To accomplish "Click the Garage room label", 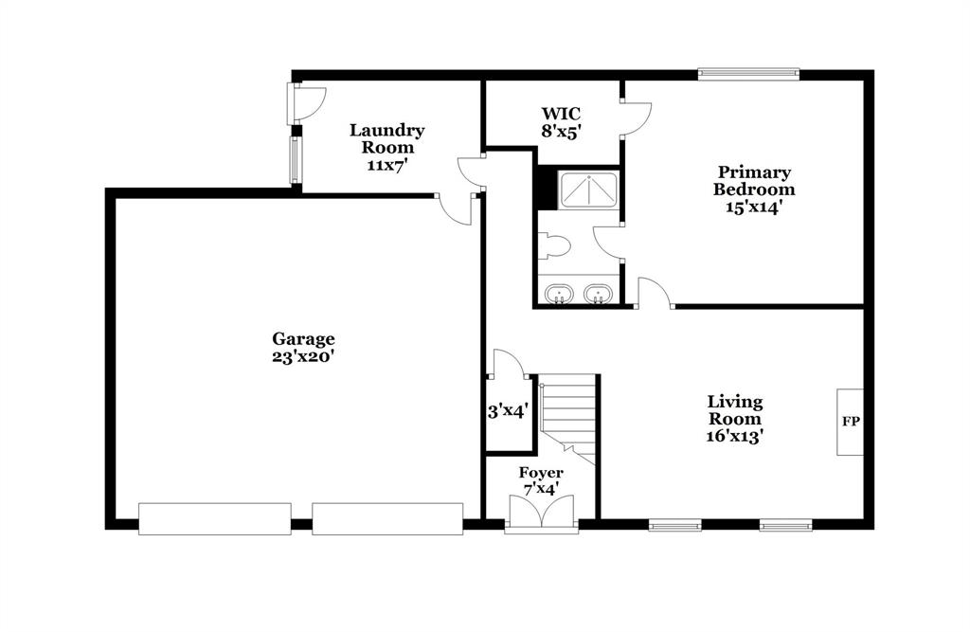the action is (303, 348).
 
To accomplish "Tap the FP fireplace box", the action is (850, 423).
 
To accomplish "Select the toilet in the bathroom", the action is (553, 245).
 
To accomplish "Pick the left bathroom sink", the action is (560, 294).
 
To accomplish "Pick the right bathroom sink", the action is (599, 294).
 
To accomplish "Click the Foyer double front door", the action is (541, 512).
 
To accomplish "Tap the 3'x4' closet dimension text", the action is (508, 411).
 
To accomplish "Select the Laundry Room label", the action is (387, 147).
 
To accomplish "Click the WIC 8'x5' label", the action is (562, 122).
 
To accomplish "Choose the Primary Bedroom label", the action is (753, 189).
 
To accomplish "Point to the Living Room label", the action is (734, 419).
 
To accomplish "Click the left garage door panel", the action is (215, 518).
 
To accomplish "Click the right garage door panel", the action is (387, 518).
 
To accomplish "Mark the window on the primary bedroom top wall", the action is (748, 74).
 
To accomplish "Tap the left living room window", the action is (674, 526).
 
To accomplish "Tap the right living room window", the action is (785, 526).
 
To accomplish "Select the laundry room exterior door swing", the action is (309, 102).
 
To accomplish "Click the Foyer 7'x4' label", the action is (541, 481).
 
